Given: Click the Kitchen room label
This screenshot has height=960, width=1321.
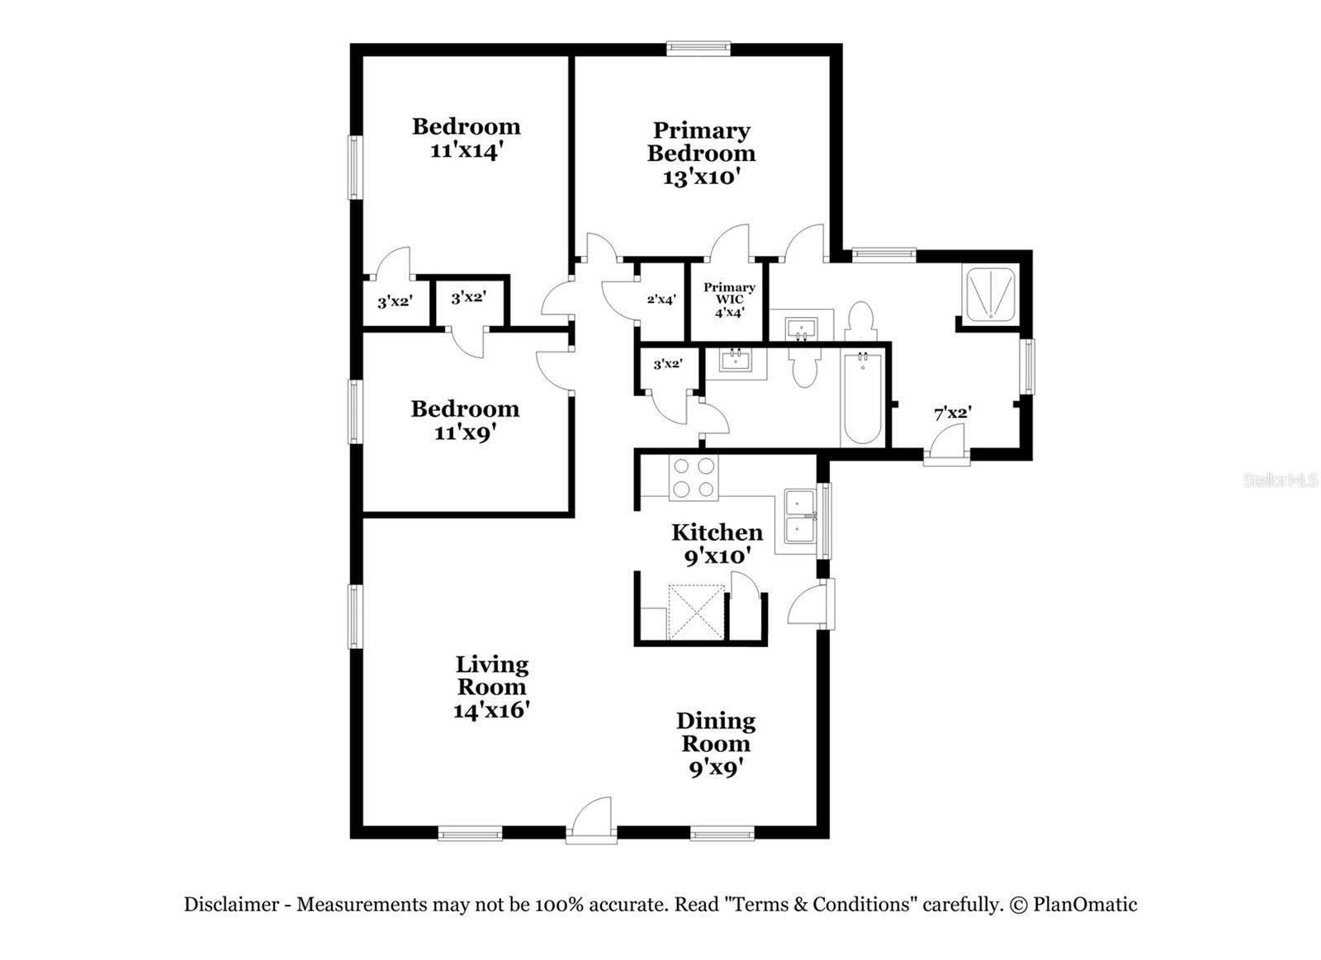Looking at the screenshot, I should click(x=717, y=532).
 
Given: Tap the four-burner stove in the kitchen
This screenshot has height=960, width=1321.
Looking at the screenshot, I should click(x=694, y=478).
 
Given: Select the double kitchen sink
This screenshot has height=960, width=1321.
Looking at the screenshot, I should click(x=799, y=516).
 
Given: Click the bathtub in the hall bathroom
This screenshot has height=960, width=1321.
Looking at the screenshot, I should click(x=862, y=398).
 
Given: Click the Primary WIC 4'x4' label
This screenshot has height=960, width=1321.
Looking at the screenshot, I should click(x=729, y=300).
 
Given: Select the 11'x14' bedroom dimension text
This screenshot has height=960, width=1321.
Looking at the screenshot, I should click(x=466, y=151).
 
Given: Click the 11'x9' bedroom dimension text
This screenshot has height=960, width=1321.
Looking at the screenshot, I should click(x=465, y=432).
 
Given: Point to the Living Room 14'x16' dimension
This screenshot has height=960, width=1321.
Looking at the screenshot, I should click(x=491, y=710).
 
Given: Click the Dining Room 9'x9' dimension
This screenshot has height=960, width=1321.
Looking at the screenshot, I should click(x=716, y=768).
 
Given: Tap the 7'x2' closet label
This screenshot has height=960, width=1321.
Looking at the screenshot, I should click(x=952, y=413).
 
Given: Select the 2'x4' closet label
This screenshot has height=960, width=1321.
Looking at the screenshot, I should click(x=661, y=300).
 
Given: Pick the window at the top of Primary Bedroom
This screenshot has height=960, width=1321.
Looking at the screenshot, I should click(x=698, y=49).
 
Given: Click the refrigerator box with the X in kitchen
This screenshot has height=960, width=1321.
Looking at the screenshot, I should click(x=696, y=612).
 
